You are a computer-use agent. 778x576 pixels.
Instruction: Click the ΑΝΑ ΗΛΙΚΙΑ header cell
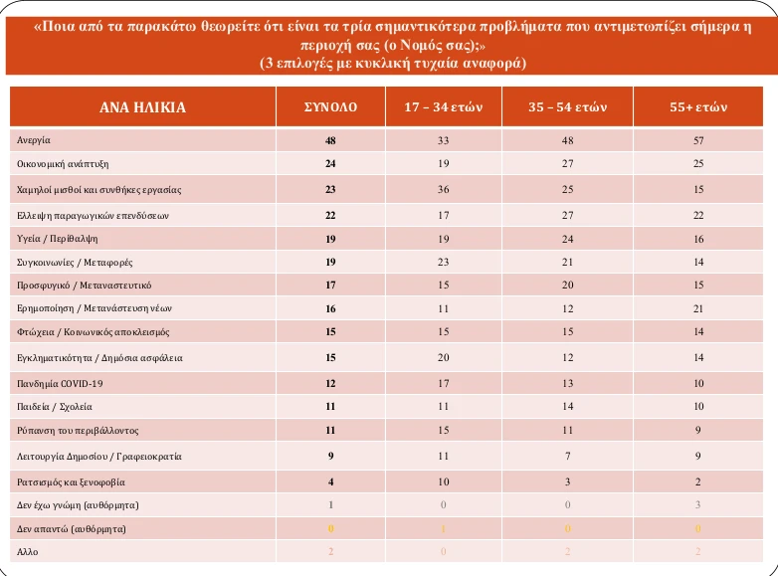142,106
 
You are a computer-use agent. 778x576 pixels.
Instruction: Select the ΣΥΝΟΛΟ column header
330,106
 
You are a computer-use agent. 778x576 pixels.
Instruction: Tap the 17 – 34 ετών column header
443,106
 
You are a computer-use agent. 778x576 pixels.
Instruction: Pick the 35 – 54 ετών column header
567,106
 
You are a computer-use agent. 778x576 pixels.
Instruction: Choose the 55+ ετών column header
699,106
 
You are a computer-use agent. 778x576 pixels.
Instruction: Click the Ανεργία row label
34,140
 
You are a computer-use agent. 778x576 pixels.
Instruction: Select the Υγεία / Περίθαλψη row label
58,238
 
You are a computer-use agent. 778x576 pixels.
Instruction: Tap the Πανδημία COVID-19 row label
61,383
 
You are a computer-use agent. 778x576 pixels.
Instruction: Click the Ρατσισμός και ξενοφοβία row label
72,480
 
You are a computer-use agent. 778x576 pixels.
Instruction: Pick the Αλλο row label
28,551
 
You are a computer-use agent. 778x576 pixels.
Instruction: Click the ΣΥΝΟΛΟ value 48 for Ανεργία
330,140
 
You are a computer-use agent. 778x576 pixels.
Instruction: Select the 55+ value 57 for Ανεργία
699,140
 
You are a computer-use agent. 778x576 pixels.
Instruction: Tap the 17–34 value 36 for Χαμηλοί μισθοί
443,189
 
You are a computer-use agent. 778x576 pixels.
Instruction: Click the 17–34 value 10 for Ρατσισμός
443,480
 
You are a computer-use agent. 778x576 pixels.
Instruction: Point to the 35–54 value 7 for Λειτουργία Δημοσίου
567,456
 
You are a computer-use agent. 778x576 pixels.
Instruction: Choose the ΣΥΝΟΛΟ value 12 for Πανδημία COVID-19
330,383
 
